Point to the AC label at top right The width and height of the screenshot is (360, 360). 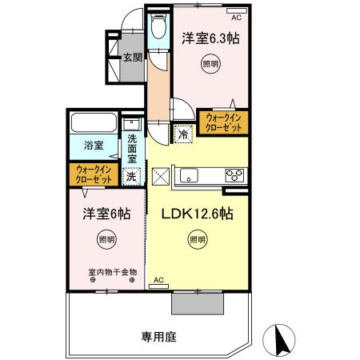pos(236,17)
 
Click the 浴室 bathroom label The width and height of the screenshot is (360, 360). pos(94,146)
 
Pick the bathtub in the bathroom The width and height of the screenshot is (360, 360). pos(94,125)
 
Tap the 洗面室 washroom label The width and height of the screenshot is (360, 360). pos(132,149)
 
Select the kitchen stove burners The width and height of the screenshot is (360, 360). pos(234,175)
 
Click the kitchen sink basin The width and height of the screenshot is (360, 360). pos(192,175)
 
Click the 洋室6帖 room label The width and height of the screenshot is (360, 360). pos(104,214)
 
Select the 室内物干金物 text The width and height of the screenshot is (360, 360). pos(112,272)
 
